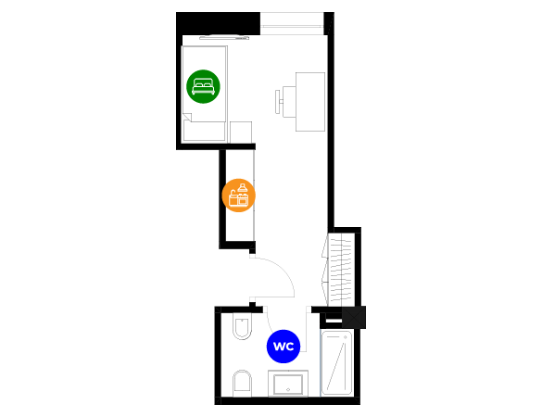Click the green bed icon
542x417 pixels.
[203, 86]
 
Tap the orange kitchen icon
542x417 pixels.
[238, 196]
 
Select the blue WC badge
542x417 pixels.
[284, 347]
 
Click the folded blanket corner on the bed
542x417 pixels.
[187, 117]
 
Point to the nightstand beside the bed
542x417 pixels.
[241, 132]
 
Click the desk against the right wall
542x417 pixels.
[310, 102]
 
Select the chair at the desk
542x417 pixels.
[285, 102]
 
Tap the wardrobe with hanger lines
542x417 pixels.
[339, 270]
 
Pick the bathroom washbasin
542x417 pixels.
[288, 384]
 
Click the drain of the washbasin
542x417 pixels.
[288, 390]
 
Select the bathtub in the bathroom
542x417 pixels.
[336, 363]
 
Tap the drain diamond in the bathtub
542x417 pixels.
[345, 337]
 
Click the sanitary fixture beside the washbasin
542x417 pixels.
[243, 383]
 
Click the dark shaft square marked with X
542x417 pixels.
[354, 317]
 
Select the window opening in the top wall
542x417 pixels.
[292, 23]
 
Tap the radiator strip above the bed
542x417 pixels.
[224, 38]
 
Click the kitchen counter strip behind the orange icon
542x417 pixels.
[254, 196]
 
